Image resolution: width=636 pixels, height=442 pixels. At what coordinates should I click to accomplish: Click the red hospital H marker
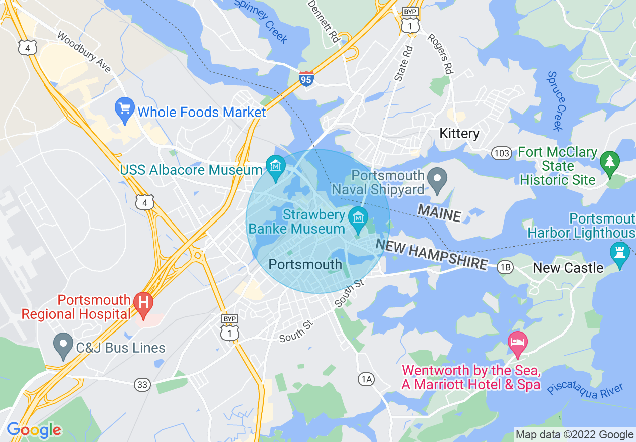click(143, 304)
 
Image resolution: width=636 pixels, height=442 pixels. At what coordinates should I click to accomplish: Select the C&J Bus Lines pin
click(63, 345)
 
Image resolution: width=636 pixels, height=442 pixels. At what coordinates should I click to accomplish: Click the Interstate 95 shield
click(306, 79)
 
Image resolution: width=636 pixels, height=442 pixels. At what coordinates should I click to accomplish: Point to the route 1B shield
click(505, 267)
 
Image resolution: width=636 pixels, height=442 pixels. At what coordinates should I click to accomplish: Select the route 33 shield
click(142, 385)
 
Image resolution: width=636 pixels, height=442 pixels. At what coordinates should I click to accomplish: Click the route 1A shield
click(366, 379)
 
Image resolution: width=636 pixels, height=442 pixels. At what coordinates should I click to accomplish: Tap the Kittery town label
click(459, 133)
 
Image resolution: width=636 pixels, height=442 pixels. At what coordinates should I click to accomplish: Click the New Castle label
click(568, 268)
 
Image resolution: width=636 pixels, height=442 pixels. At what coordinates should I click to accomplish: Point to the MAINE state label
click(439, 213)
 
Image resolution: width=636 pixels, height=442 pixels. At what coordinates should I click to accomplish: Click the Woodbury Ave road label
click(84, 52)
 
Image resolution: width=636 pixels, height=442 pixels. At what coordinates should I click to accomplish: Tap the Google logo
click(34, 430)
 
